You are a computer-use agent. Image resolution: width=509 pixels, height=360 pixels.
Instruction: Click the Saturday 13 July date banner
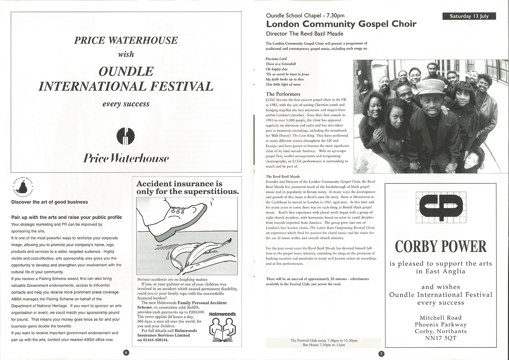click(x=469, y=16)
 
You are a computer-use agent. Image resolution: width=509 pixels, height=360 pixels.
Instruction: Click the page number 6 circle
click(x=126, y=353)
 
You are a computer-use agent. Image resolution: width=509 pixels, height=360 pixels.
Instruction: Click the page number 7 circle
click(x=381, y=354)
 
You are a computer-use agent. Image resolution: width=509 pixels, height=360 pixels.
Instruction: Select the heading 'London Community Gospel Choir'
click(x=341, y=24)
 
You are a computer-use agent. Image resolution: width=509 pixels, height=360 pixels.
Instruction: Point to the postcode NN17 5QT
click(x=440, y=338)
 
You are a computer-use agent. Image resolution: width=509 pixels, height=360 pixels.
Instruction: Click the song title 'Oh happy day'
click(x=277, y=69)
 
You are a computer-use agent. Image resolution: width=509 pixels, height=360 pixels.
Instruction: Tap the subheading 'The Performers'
click(x=283, y=94)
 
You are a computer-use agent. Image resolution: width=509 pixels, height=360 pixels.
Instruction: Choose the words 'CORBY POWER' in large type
click(x=441, y=247)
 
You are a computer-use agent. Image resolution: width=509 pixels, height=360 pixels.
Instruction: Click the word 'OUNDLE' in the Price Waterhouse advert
click(x=126, y=71)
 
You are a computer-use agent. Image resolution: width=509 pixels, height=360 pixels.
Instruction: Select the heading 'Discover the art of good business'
click(x=50, y=202)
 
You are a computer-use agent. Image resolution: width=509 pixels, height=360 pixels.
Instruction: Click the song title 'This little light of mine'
click(x=283, y=84)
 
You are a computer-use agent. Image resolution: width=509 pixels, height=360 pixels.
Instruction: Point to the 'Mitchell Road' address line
click(x=440, y=318)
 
